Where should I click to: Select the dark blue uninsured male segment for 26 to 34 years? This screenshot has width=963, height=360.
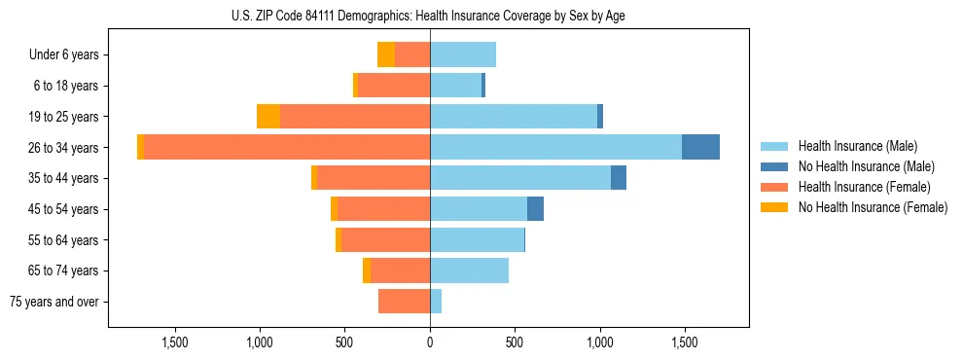click(700, 147)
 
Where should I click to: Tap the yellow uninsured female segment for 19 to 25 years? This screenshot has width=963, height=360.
click(268, 117)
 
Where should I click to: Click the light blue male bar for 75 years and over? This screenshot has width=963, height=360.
click(436, 302)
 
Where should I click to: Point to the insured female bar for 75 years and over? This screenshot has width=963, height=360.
click(404, 302)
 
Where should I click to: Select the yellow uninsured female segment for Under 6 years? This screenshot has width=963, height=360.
click(386, 54)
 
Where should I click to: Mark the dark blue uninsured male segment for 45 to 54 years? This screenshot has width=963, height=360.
click(535, 209)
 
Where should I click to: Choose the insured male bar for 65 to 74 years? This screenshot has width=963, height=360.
click(469, 270)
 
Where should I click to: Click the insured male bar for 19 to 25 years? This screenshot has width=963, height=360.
click(513, 117)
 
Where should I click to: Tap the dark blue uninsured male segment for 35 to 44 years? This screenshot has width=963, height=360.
click(619, 178)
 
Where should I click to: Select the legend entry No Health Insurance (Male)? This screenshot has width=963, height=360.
click(865, 166)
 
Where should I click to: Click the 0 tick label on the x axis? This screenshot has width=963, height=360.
click(430, 342)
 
